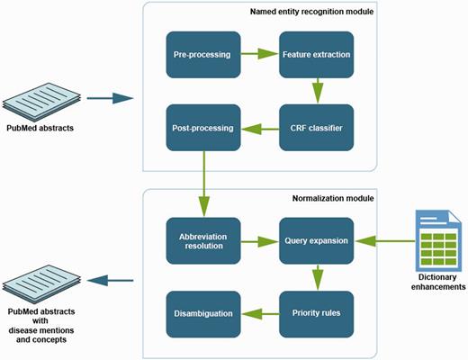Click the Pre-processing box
[203, 55]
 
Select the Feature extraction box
[315, 55]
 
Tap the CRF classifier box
[315, 129]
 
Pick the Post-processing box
[203, 129]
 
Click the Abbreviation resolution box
[203, 240]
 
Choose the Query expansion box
[315, 240]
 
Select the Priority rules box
[315, 313]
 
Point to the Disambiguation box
[203, 313]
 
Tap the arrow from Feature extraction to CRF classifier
[315, 92]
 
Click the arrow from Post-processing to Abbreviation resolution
[204, 184]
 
